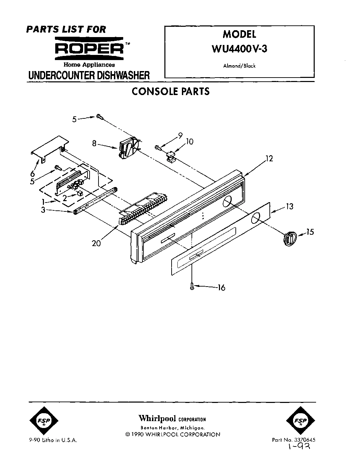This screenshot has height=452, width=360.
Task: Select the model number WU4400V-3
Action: pos(240,48)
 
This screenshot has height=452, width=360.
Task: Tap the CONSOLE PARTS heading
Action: pos(171,91)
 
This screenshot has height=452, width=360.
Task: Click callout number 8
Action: pos(94,143)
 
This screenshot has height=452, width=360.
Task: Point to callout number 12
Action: pos(269,159)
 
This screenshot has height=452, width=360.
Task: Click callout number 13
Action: pos(290,207)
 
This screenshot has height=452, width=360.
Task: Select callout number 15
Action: pos(310,232)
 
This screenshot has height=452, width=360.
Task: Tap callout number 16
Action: pos(221,288)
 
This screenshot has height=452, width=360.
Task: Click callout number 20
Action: pos(96,244)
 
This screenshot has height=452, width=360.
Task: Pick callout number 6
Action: pos(33,174)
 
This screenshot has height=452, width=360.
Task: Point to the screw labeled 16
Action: pos(192,286)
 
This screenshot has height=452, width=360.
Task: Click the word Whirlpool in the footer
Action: pos(157,418)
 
